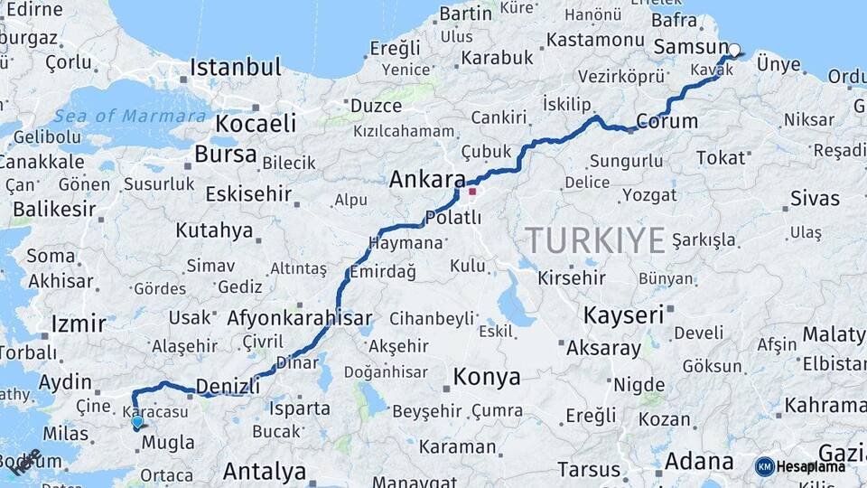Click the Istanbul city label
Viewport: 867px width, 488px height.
pos(235,68)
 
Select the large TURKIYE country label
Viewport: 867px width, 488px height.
pos(595,240)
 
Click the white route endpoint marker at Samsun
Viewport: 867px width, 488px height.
pos(734,51)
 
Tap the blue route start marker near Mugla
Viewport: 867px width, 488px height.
pos(137,422)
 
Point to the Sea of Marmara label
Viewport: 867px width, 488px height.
pos(129,117)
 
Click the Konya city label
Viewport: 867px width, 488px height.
pos(487,377)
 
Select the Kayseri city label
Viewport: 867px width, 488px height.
pos(623,315)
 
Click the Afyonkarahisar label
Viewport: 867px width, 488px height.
pos(299,318)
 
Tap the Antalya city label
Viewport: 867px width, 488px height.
pos(265,471)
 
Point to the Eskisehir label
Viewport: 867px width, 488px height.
pos(248,193)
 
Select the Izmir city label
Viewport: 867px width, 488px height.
pos(79,324)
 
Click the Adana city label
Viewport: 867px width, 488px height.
pos(699,462)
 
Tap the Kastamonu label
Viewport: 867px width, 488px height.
pos(594,40)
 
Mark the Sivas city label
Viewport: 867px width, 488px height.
pos(815,198)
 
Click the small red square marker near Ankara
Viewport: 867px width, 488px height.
pos(471,192)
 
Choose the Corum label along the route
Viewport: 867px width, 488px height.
pos(667,121)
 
